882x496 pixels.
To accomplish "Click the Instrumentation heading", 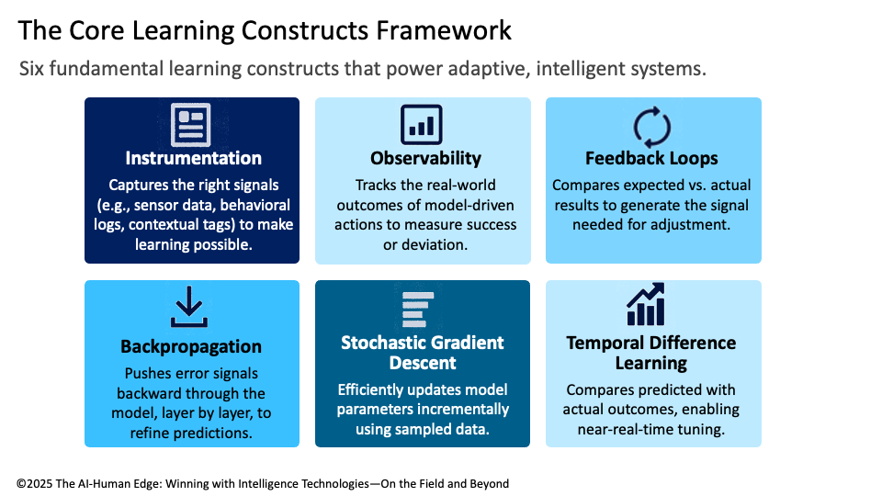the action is pos(193,158).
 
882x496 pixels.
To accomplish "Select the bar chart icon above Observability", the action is pos(422,124).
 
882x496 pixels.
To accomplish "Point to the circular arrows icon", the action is pos(652,126).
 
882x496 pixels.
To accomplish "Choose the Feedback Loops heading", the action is pos(651,158).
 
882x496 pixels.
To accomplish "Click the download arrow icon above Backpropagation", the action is pos(190,307).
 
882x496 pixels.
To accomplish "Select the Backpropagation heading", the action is pos(191,346).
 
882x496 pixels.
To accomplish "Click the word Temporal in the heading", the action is pos(603,343).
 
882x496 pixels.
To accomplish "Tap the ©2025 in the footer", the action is pos(38,482).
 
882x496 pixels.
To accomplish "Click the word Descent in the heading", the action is pos(422,363).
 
